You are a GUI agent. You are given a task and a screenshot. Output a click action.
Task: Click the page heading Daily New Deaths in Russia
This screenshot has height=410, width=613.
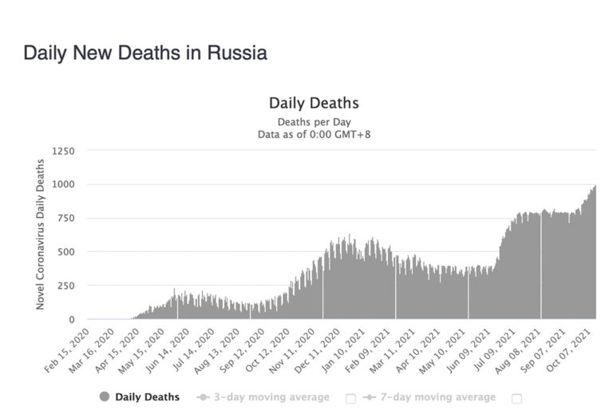[144, 53]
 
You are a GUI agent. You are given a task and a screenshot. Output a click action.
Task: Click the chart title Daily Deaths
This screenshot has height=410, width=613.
[314, 103]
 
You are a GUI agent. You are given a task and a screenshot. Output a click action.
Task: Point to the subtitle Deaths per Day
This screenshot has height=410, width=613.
[314, 122]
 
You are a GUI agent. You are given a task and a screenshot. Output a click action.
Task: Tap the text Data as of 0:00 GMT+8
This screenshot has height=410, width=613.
[314, 134]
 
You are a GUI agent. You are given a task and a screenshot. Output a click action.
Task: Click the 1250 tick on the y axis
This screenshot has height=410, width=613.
[64, 150]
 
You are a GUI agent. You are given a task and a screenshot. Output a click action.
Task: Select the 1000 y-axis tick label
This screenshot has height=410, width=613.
[64, 184]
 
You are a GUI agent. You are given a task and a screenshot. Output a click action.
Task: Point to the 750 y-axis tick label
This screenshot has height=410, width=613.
[66, 218]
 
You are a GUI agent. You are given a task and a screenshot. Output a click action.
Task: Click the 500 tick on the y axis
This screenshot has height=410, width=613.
[66, 252]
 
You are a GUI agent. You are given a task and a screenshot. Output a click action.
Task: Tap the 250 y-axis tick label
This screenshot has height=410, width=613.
[66, 286]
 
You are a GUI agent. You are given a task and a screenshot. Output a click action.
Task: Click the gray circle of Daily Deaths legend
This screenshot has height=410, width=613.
[105, 396]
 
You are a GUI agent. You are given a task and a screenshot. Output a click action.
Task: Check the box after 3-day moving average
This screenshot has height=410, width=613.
[350, 397]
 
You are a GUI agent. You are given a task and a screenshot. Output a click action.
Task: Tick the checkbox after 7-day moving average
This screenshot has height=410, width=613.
[516, 397]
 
